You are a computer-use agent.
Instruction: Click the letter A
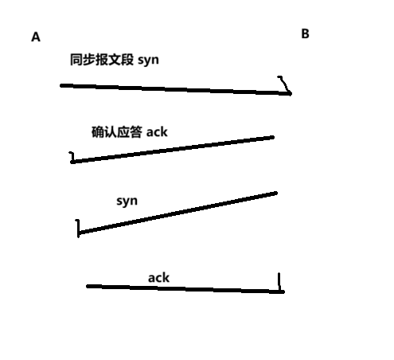coord(36,37)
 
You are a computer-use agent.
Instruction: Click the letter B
coord(305,33)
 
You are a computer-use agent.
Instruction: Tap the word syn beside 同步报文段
coord(148,61)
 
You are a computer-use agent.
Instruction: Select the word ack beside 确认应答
coord(157,132)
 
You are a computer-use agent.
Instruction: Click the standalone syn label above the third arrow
coord(127,202)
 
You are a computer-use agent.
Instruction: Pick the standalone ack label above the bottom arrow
coord(158,278)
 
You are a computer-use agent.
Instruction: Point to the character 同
coord(76,60)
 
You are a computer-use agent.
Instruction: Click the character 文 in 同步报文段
coord(115,60)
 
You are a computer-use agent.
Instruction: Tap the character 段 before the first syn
coord(127,60)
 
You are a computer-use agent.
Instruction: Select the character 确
coord(98,132)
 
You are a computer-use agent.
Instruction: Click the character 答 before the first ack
coord(136,132)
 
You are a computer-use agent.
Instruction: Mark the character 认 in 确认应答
coord(111,132)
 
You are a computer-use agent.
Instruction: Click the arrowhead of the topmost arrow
coord(291,93)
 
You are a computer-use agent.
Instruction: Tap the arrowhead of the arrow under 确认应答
coord(72,161)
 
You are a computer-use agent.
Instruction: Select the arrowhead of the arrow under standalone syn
coord(79,233)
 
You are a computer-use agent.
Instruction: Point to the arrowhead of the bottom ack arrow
coord(283,292)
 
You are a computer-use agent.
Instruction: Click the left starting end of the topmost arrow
coord(61,85)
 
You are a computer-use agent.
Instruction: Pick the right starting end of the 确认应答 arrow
coord(273,137)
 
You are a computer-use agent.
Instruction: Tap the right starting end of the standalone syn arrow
coord(276,193)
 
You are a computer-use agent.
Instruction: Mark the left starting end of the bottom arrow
coord(88,286)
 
